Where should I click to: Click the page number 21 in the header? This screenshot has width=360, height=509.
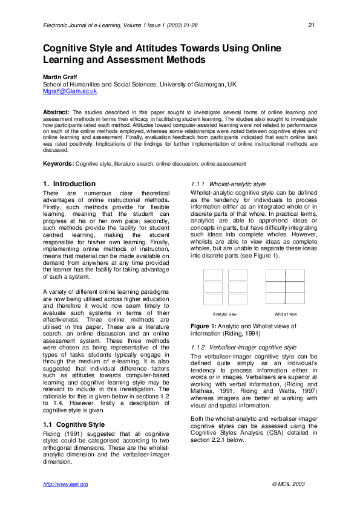click(x=311, y=25)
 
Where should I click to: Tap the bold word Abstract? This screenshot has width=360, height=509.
click(x=56, y=112)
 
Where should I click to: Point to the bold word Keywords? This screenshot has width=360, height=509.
click(x=58, y=163)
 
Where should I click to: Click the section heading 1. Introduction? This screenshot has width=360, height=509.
click(x=69, y=183)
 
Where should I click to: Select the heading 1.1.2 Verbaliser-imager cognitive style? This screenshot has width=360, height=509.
click(x=243, y=348)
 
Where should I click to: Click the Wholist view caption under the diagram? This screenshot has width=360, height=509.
click(x=286, y=314)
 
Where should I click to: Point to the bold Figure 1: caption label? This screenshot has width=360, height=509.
click(x=203, y=326)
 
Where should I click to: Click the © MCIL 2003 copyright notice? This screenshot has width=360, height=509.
click(x=289, y=484)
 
